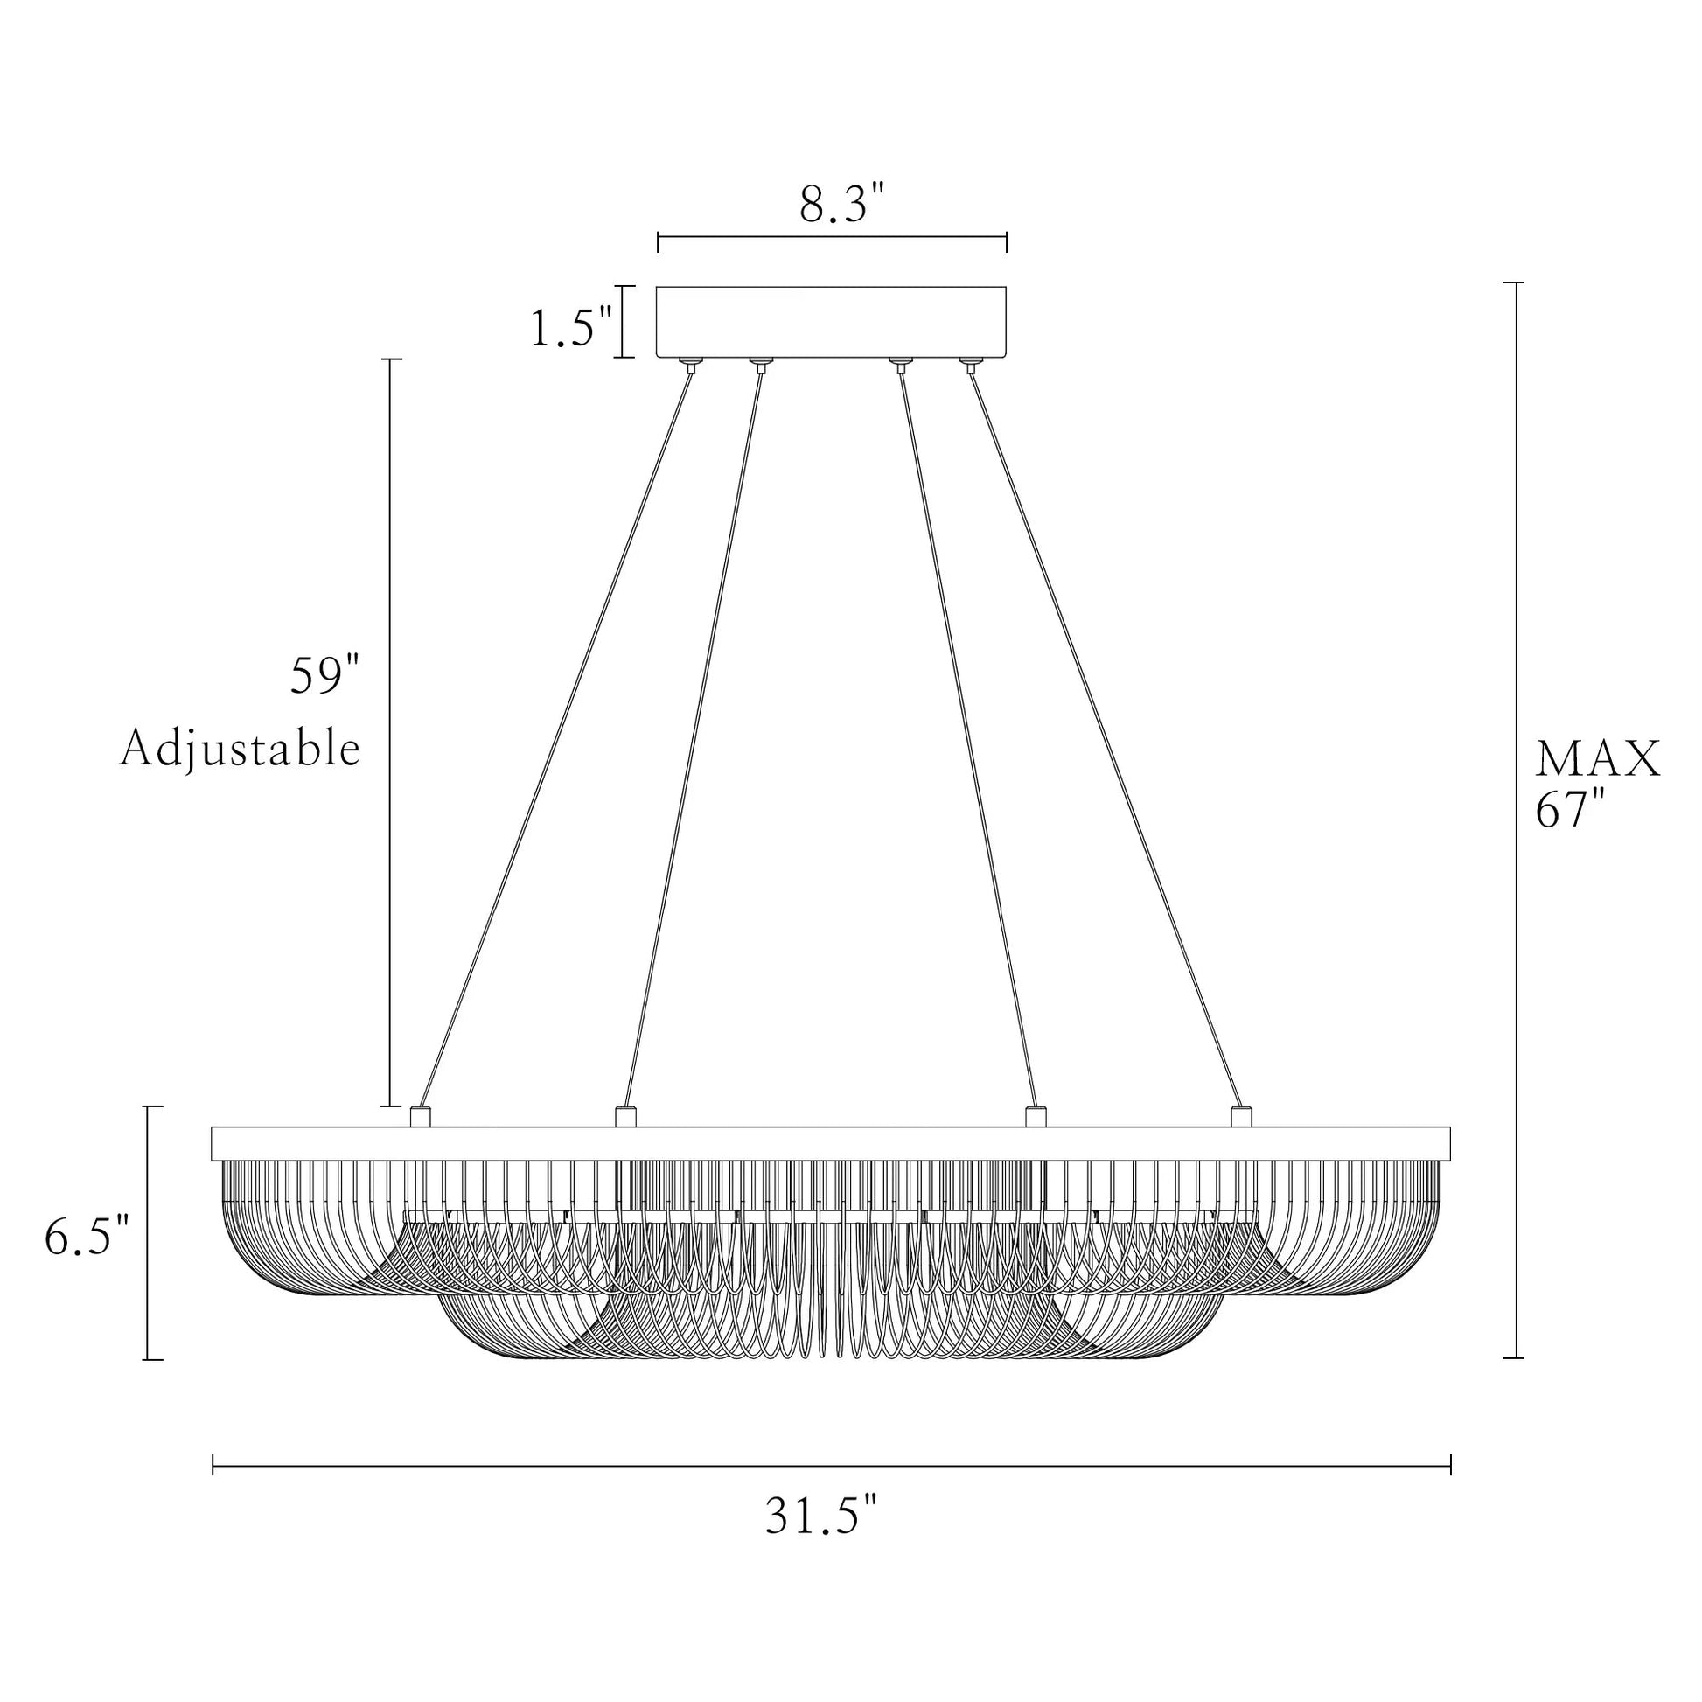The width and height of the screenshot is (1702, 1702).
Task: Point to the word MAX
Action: [x=1597, y=759]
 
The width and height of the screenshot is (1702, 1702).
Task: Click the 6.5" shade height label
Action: [x=87, y=1237]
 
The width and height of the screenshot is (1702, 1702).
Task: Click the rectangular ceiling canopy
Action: [x=832, y=322]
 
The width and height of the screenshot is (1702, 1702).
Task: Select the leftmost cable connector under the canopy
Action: [x=691, y=364]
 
